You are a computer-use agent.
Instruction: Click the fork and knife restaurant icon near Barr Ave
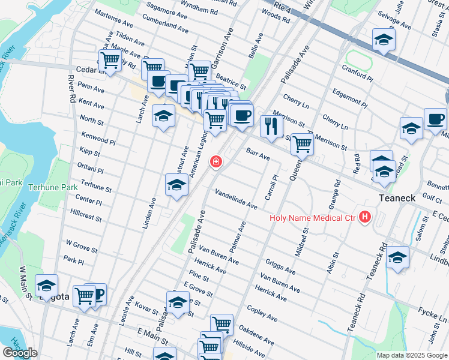(x=271, y=126)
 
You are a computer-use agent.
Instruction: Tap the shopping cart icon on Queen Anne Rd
(x=302, y=144)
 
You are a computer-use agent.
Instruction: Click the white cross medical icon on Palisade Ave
(x=215, y=162)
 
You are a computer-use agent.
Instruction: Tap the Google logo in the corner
(x=20, y=352)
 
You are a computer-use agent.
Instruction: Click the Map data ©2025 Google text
(x=412, y=355)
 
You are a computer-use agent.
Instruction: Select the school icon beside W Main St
(x=47, y=286)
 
